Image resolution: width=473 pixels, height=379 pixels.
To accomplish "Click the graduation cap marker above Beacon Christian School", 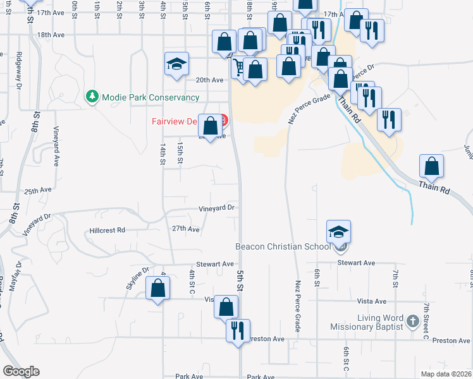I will pos(338,232).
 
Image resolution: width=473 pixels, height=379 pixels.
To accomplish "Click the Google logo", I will pos(21,371).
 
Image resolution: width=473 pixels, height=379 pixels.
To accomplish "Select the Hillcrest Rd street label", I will pos(107,231).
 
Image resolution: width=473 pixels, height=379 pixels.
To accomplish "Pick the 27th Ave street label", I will pos(186,229).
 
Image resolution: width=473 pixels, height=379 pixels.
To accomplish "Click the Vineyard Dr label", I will pos(217,207).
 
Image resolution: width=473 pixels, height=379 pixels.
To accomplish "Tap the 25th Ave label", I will pos(38,190).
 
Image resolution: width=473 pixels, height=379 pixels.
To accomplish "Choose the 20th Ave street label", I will pos(209,80).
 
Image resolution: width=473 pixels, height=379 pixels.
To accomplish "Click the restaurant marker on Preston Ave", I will pos(238,330).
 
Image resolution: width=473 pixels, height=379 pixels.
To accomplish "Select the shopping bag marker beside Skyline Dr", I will pos(157,289).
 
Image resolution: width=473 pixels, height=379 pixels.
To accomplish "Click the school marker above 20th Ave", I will pos(176,64).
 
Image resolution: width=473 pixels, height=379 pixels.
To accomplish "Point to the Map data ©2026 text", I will pos(446,373).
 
